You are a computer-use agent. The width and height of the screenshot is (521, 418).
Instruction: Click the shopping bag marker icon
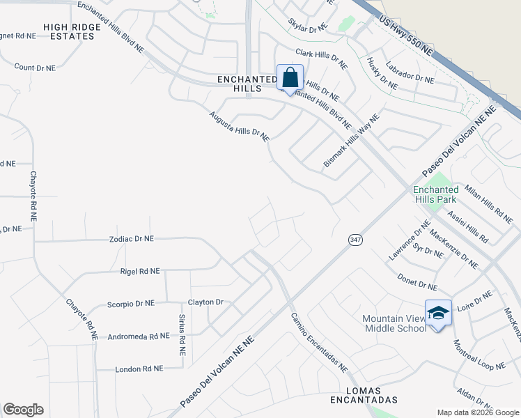(x=290, y=77)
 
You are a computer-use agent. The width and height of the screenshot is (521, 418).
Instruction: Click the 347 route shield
(x=355, y=240)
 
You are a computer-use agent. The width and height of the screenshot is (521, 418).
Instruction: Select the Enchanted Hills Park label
(x=435, y=194)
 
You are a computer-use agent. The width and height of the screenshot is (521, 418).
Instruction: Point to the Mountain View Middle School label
(x=394, y=323)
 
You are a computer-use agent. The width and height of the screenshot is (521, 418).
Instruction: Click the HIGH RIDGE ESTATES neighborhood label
(x=68, y=31)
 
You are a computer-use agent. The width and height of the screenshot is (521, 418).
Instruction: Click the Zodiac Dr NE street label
(x=131, y=238)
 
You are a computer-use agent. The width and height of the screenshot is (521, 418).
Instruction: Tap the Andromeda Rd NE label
(x=138, y=336)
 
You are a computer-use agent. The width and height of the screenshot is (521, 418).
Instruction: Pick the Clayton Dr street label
(x=205, y=302)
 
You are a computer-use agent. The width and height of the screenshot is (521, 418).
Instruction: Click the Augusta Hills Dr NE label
(x=239, y=126)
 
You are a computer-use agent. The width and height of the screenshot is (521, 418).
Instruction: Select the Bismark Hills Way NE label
(x=351, y=141)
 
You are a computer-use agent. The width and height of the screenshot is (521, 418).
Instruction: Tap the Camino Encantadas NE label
(x=319, y=342)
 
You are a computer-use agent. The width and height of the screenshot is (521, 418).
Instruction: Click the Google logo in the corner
(x=23, y=410)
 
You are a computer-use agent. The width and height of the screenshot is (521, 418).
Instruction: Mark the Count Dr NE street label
(x=35, y=68)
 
